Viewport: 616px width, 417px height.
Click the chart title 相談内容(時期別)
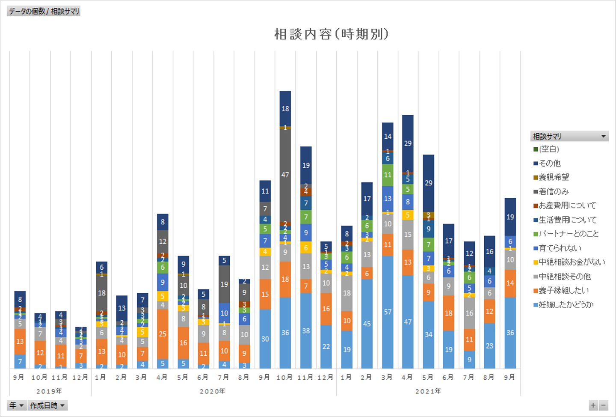click(x=331, y=34)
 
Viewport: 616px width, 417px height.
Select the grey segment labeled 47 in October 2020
click(x=285, y=175)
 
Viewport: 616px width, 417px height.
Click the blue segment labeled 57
click(x=388, y=312)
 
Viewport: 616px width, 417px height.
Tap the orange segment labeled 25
click(x=163, y=334)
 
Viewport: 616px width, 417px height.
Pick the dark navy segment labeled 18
click(x=285, y=109)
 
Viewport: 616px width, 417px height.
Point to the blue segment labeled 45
click(x=367, y=324)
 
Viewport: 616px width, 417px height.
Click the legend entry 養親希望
click(x=554, y=177)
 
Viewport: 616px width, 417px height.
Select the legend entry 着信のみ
click(x=554, y=191)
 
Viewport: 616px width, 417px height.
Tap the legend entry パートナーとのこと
click(x=569, y=234)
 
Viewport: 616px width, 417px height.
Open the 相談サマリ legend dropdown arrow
click(x=604, y=137)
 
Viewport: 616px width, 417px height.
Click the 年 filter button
click(x=16, y=405)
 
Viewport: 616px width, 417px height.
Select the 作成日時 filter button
click(x=47, y=405)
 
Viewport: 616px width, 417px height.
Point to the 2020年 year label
click(x=213, y=391)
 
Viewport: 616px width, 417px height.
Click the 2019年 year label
click(x=49, y=391)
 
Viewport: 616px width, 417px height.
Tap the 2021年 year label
click(x=428, y=391)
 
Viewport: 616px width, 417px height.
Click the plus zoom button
click(x=593, y=405)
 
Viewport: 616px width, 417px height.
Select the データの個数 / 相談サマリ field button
click(x=44, y=11)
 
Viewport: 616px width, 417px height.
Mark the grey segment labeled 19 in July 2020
click(x=224, y=284)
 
